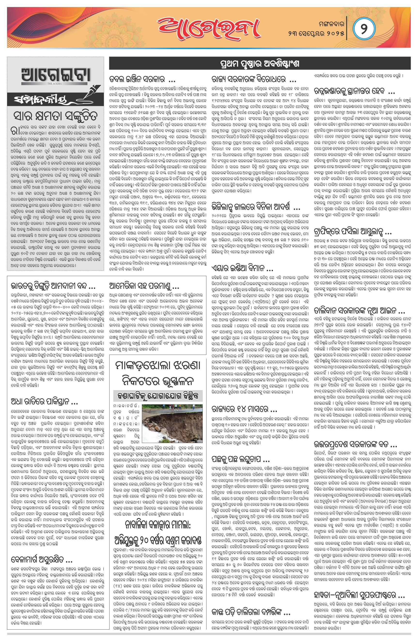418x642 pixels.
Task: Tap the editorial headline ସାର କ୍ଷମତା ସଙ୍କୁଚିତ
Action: [55, 116]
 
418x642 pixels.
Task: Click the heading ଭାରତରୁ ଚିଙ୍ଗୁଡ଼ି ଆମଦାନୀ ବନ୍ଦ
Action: [53, 286]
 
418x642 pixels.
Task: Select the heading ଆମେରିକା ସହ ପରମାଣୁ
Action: [144, 286]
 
